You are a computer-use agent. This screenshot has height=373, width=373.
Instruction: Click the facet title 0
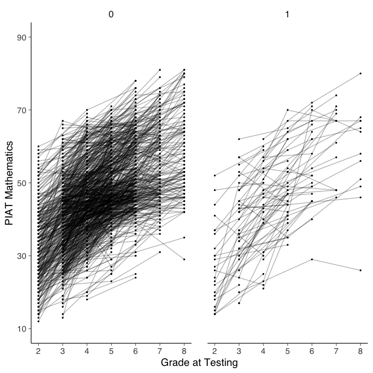click(111, 15)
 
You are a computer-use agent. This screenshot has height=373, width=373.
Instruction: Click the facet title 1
click(287, 15)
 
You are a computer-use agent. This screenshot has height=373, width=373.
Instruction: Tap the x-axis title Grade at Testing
click(199, 362)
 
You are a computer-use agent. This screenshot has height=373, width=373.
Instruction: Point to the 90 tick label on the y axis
click(20, 37)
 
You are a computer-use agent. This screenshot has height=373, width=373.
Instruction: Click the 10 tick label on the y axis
click(20, 329)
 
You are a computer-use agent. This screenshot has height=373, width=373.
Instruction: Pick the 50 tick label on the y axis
click(20, 183)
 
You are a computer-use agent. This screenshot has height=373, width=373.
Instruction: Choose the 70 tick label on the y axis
click(20, 110)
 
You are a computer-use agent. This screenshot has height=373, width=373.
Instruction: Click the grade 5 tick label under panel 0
click(111, 350)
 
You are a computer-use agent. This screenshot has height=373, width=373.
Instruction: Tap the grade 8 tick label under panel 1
click(361, 350)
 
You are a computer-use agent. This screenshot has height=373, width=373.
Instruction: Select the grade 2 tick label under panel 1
click(214, 350)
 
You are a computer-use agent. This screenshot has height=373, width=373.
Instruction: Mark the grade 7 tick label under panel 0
click(160, 350)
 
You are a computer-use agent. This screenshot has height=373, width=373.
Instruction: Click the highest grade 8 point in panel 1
click(361, 73)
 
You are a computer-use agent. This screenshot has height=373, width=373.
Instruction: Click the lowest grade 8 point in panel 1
click(361, 270)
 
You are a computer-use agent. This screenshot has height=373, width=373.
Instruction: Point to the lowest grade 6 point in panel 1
click(312, 259)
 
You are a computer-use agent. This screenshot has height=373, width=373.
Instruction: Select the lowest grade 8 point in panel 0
click(184, 259)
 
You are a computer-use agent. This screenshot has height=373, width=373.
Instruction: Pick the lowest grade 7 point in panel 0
click(160, 252)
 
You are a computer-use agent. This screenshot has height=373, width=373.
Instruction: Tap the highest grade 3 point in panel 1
click(239, 139)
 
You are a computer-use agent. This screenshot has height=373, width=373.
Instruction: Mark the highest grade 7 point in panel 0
click(160, 70)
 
